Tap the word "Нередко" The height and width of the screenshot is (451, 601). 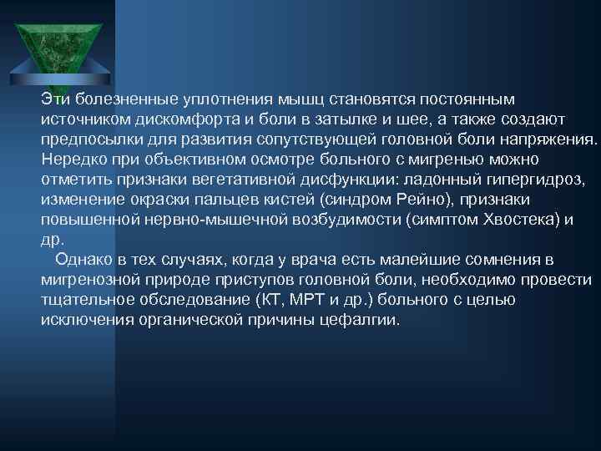(73, 160)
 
